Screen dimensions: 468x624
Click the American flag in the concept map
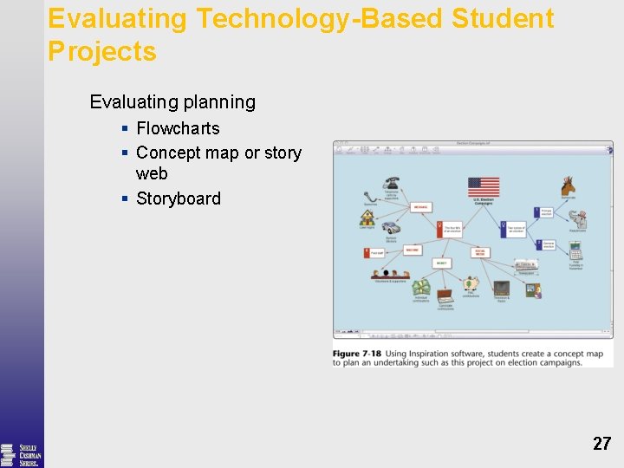(484, 187)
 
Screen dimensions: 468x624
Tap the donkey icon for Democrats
(569, 185)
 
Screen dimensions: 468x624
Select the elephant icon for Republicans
(577, 219)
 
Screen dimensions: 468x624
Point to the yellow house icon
(367, 217)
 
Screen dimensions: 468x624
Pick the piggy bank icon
(471, 283)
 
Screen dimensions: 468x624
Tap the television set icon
(502, 288)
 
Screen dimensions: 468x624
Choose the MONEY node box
(441, 262)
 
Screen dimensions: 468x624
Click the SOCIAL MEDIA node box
(479, 252)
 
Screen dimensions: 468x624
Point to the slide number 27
(601, 444)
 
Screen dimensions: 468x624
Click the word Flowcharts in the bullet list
(178, 128)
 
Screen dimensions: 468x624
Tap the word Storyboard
(179, 198)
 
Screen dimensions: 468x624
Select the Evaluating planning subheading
(172, 102)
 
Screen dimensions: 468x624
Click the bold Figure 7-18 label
(357, 354)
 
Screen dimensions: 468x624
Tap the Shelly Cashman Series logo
(21, 454)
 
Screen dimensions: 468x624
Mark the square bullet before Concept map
(126, 153)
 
